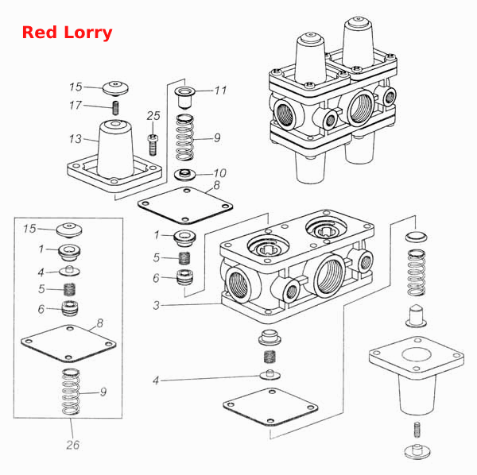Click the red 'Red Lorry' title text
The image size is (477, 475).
click(x=68, y=33)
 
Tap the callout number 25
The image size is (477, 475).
click(x=153, y=116)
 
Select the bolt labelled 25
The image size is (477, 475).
click(x=153, y=145)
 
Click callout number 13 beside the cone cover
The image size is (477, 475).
click(x=76, y=139)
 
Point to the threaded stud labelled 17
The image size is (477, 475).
click(x=115, y=108)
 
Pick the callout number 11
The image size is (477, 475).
click(x=220, y=91)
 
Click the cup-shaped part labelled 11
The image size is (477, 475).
click(x=184, y=97)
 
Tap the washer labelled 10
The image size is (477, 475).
click(x=184, y=174)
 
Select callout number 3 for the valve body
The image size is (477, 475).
click(x=157, y=305)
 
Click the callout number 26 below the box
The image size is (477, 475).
click(x=72, y=445)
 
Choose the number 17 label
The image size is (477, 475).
click(x=76, y=105)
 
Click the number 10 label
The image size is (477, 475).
click(x=220, y=173)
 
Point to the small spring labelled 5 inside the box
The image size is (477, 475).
click(x=70, y=290)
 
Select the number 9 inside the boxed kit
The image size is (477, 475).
click(x=103, y=392)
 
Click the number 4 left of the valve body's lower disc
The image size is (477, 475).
click(x=156, y=380)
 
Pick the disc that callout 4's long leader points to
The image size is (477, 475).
click(x=270, y=375)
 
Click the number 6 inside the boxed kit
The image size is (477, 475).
click(x=41, y=309)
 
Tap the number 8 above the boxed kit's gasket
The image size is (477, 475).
click(x=100, y=323)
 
